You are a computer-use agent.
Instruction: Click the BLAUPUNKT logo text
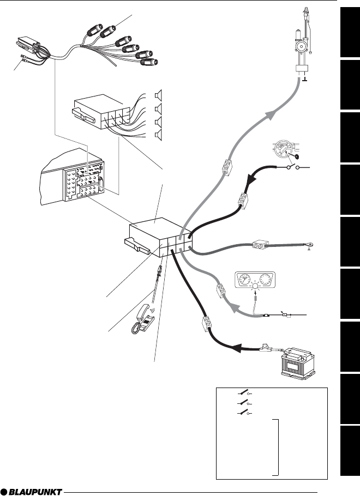[35, 492]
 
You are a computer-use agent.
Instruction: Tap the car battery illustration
[298, 364]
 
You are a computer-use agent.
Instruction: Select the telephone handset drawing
[143, 318]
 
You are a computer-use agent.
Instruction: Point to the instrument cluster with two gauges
[255, 279]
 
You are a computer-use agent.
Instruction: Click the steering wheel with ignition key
[285, 149]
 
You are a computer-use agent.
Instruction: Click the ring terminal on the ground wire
[310, 244]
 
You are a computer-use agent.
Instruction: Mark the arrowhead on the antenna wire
[271, 116]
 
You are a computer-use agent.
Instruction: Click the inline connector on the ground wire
[261, 245]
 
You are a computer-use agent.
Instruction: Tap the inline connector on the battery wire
[207, 324]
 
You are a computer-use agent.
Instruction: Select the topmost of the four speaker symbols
[158, 95]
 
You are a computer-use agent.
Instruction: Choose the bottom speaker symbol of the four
[158, 135]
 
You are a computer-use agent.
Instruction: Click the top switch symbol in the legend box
[245, 393]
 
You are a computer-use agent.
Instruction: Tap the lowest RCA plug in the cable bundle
[149, 62]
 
